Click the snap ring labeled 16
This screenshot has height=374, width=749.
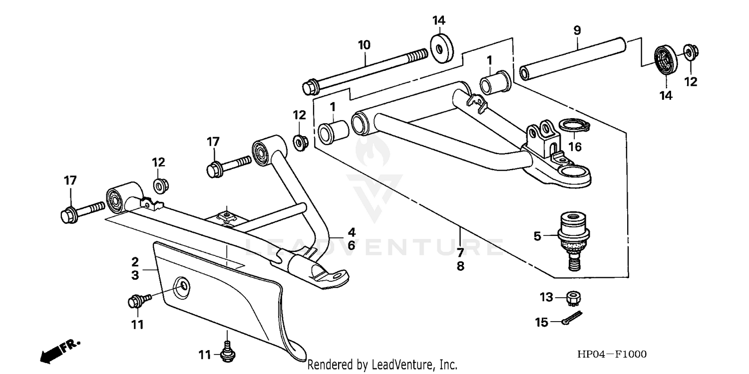pos(574,125)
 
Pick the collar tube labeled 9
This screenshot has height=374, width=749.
pos(573,59)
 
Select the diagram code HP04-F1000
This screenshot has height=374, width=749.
pos(612,355)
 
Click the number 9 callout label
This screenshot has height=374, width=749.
pos(577,30)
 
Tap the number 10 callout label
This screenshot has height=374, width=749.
pos(364,45)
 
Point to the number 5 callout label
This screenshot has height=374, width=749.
pos(537,236)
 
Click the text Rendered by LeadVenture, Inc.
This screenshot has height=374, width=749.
pos(382,365)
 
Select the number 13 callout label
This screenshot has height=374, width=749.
pos(547,298)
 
